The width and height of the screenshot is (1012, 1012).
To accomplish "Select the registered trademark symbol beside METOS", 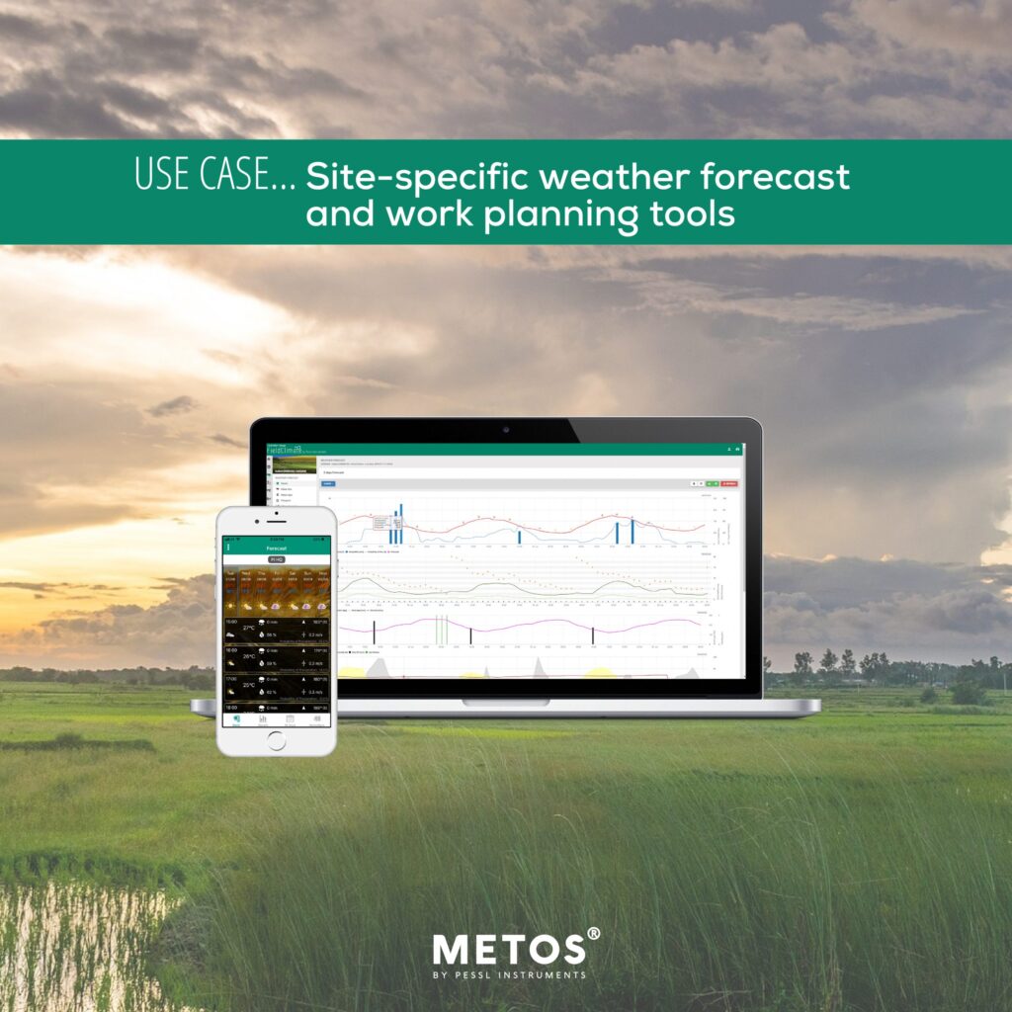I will (593, 934).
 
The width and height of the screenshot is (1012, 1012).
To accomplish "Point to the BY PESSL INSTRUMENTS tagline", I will (509, 975).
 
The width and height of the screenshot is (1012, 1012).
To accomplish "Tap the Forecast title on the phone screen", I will (276, 547).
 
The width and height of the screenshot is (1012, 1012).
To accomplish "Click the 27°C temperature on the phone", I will (249, 628).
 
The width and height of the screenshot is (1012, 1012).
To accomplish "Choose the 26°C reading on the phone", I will (249, 655).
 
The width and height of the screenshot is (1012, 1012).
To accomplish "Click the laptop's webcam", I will (505, 430).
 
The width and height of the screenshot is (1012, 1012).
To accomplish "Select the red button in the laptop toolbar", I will (729, 483).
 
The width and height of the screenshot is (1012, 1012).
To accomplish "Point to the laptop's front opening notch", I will (505, 703).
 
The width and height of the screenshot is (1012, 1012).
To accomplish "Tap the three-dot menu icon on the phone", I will (228, 547).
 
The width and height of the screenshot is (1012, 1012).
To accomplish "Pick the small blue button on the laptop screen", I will (329, 483).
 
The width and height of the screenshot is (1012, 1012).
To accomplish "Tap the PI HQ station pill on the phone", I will (276, 558).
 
